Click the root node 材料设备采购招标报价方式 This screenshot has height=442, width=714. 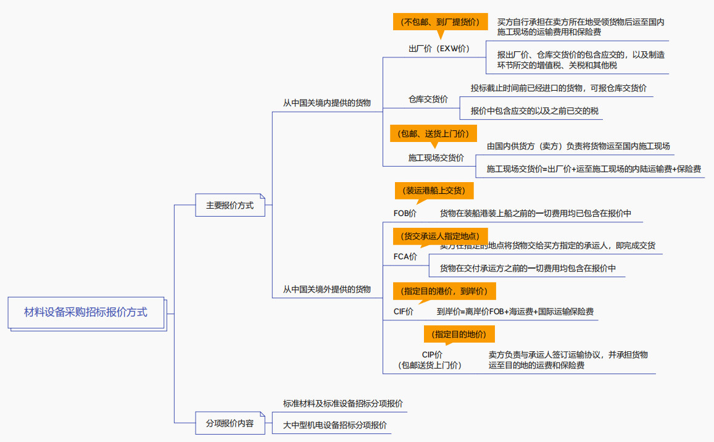(x=86, y=312)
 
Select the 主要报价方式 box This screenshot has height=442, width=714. (x=230, y=206)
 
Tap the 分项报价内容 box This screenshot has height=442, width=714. (x=230, y=424)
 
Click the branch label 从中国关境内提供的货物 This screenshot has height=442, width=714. (x=327, y=103)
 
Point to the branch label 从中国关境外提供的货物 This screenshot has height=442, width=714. (x=327, y=289)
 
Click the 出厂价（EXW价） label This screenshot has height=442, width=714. (x=439, y=49)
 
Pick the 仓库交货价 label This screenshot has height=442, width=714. (x=428, y=99)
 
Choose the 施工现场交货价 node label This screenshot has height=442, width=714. (x=436, y=158)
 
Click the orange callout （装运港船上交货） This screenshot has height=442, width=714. (x=434, y=191)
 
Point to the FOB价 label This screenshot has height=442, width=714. (x=405, y=214)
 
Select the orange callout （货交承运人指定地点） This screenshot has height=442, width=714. (x=439, y=236)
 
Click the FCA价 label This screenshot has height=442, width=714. (x=405, y=257)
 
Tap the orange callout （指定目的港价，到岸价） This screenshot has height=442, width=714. (x=444, y=291)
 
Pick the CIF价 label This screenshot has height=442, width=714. (x=404, y=312)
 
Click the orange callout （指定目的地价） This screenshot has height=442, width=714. (x=459, y=335)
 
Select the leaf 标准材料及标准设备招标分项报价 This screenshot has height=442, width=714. (x=343, y=404)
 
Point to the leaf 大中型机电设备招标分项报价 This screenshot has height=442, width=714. (x=335, y=425)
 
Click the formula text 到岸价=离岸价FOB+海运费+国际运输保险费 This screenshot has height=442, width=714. (x=515, y=312)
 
